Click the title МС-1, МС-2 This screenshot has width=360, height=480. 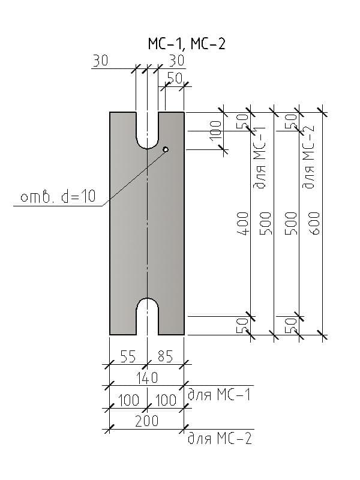(187, 43)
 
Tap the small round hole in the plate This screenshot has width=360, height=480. (166, 149)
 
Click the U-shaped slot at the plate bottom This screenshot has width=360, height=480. (148, 316)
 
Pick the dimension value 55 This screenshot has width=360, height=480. (128, 356)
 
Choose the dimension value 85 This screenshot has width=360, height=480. (165, 356)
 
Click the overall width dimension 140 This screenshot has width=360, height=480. (147, 377)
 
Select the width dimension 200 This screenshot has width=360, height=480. (147, 421)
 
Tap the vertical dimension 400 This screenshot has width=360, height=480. (244, 223)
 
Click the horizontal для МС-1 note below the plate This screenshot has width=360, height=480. (219, 395)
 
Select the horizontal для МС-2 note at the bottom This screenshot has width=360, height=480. (219, 439)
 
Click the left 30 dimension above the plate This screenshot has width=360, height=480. (101, 61)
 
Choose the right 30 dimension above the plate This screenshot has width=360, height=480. (176, 61)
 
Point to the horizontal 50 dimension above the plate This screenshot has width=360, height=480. (175, 77)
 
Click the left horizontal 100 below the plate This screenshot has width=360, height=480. (128, 400)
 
